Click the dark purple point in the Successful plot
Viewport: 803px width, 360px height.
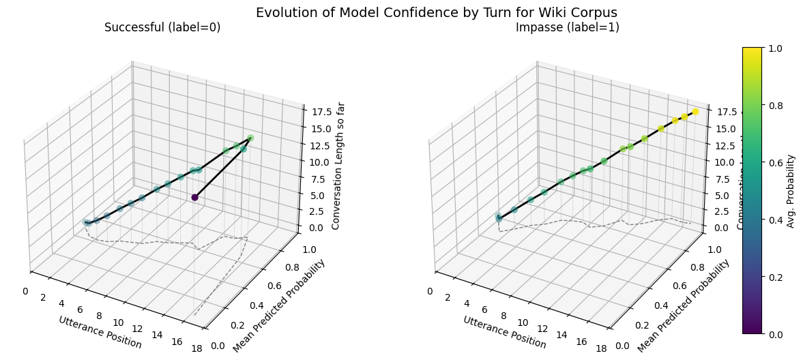194,197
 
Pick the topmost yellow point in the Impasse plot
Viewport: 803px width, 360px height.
695,112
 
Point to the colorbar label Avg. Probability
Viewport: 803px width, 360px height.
791,191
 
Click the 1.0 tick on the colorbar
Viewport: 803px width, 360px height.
774,48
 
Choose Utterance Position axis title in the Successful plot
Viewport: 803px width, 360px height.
100,332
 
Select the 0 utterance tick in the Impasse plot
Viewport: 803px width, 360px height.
430,291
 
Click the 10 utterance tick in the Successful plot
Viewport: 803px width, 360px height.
119,322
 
